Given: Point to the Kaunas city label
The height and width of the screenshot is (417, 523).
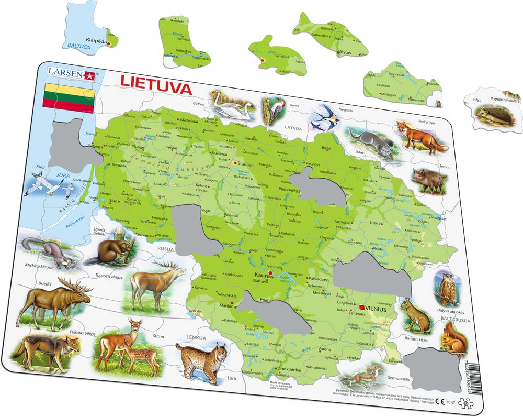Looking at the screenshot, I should point(264,274).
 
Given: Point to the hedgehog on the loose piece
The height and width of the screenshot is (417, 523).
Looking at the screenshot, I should point(493,114).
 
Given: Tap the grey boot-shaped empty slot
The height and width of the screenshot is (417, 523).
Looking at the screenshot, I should point(191,228).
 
